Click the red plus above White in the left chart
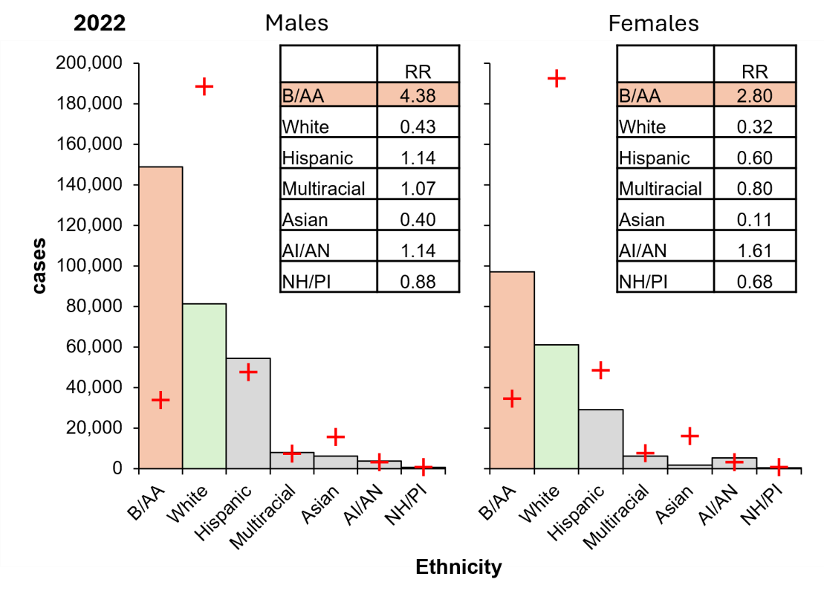(x=204, y=86)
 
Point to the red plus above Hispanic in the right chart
(x=600, y=370)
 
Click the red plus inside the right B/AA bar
(x=511, y=398)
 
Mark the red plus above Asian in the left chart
(x=336, y=436)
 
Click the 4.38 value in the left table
(x=418, y=95)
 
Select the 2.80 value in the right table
(x=754, y=95)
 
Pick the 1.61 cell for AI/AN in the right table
(x=754, y=251)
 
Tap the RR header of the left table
(x=418, y=71)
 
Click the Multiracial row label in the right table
(x=660, y=189)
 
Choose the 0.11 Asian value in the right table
(x=754, y=219)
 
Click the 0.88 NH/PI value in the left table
(x=418, y=282)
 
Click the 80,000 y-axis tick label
(x=93, y=306)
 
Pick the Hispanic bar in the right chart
(x=600, y=439)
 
